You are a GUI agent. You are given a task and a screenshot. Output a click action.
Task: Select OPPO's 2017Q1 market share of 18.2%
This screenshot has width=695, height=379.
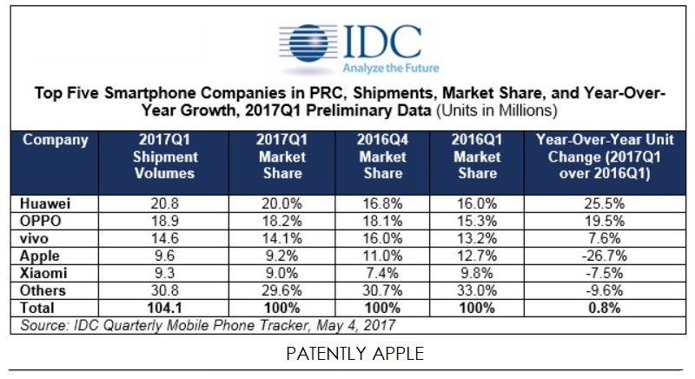click(280, 221)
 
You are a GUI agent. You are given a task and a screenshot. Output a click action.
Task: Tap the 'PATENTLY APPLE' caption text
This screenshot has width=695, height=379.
click(347, 356)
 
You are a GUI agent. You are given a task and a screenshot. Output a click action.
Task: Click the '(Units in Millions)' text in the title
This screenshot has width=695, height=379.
click(496, 111)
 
